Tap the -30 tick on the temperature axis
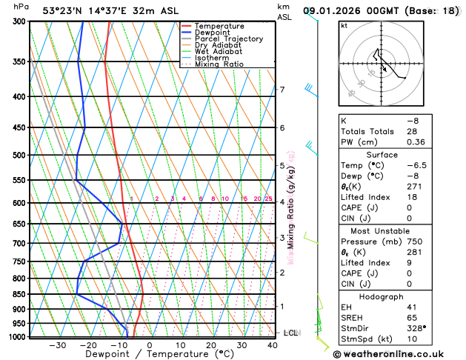(x=57, y=345)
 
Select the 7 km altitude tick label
(x=282, y=90)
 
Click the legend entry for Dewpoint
(x=213, y=33)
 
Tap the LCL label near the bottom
(x=290, y=333)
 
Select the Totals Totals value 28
(x=412, y=131)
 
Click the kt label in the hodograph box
(x=344, y=26)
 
